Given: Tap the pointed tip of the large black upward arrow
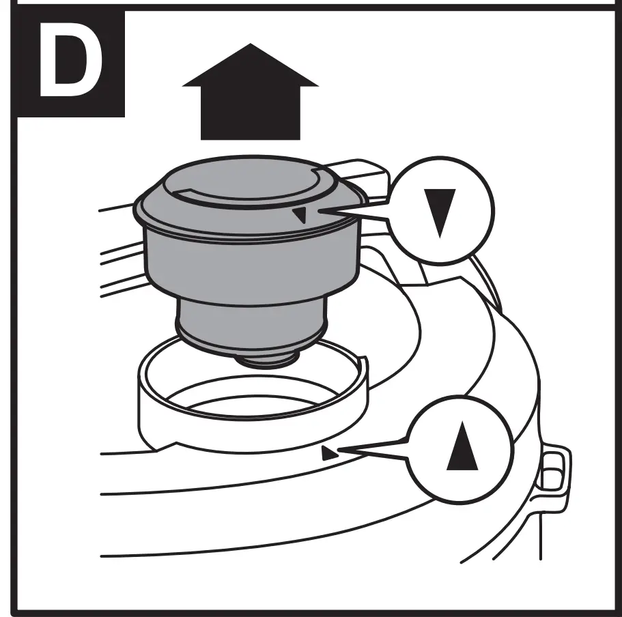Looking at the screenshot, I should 250,46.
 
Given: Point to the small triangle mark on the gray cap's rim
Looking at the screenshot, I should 299,216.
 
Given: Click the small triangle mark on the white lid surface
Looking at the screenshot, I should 329,451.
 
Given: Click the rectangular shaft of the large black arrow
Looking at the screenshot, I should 250,113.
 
